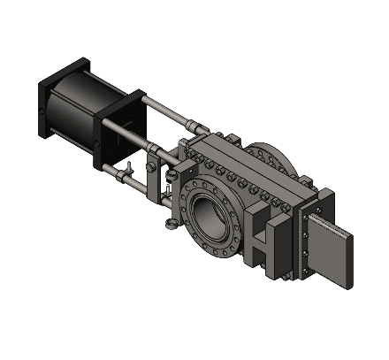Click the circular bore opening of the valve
(x=211, y=211)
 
